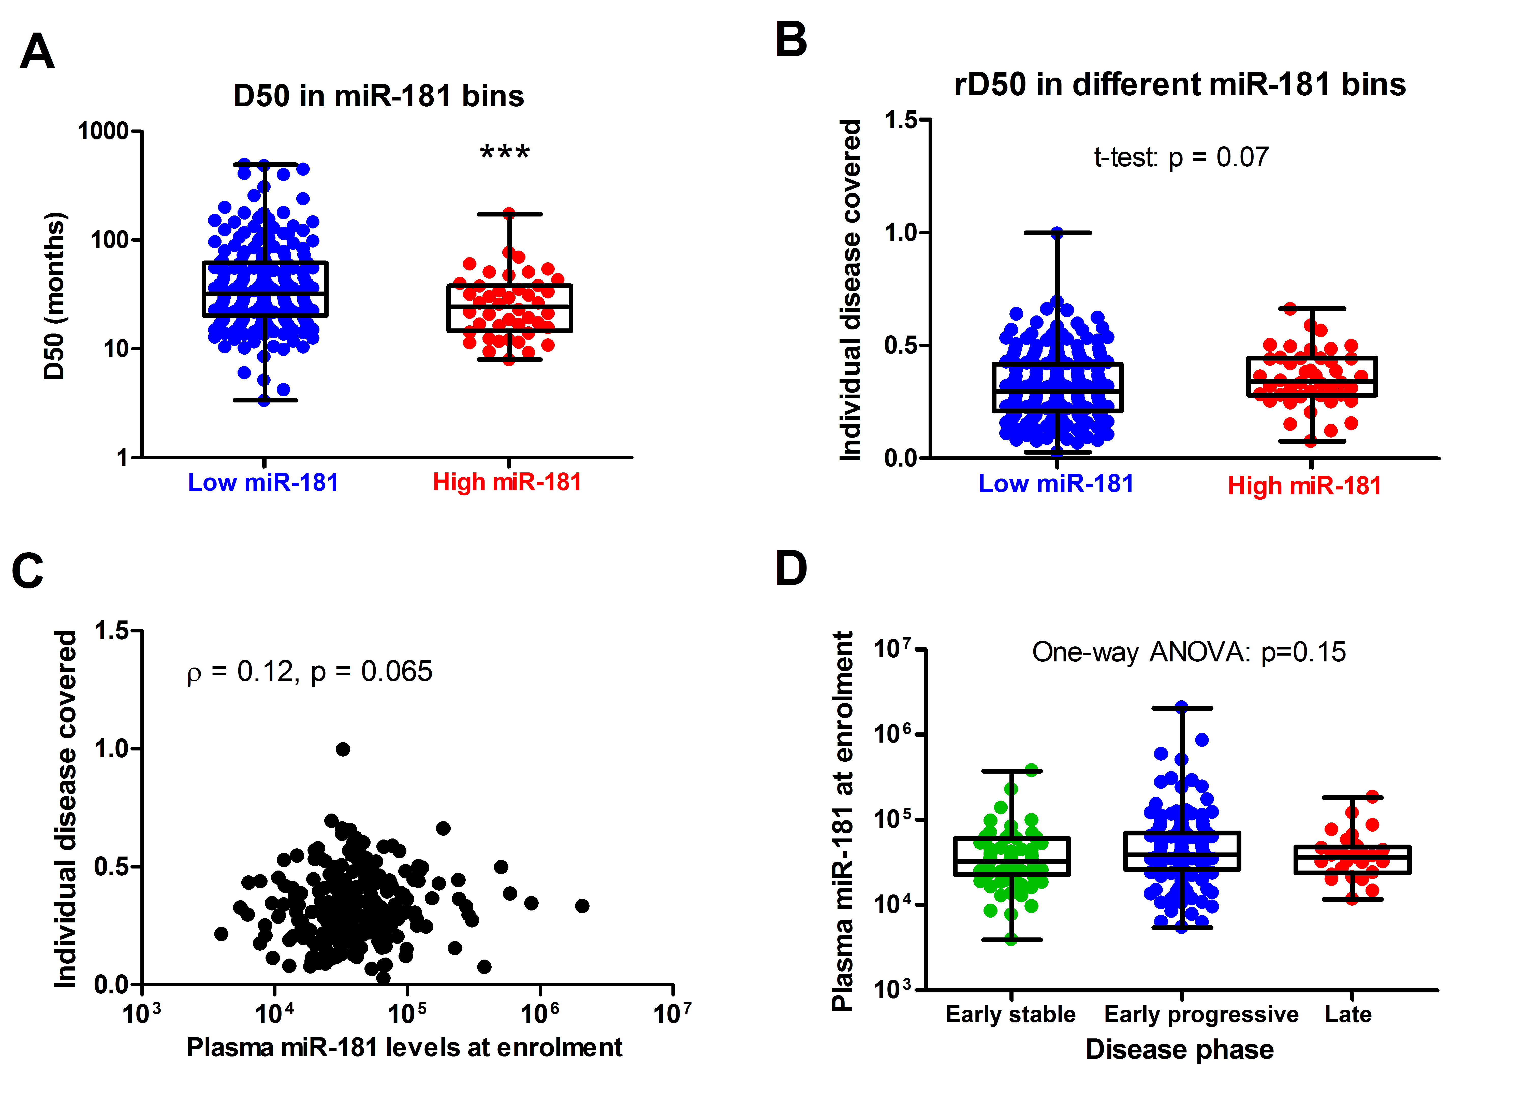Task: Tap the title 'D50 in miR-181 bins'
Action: click(378, 96)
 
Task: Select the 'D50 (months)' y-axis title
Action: click(54, 296)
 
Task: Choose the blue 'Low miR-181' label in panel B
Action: click(1056, 483)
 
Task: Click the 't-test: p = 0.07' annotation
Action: click(1181, 157)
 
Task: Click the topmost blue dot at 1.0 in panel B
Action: click(1057, 233)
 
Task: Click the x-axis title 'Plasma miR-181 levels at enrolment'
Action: click(404, 1048)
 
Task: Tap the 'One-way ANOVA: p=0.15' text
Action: click(1189, 652)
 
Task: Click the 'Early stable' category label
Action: click(1011, 1014)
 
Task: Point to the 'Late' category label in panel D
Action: click(1348, 1014)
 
